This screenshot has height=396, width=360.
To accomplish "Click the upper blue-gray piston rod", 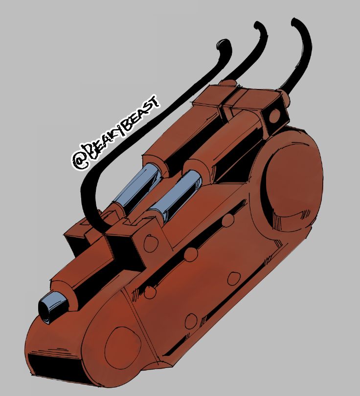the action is click(x=137, y=185).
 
